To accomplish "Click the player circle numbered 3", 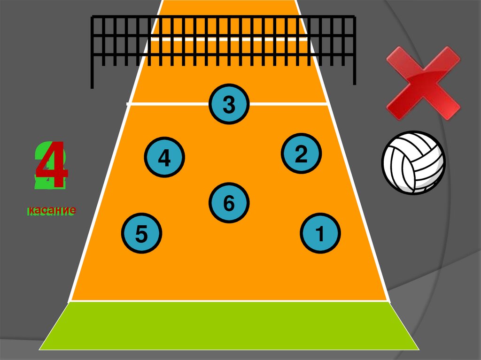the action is click(x=229, y=105).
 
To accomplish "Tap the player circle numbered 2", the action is click(x=301, y=153).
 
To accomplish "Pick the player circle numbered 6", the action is click(x=229, y=203).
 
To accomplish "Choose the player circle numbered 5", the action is click(x=141, y=233).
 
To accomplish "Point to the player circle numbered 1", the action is click(x=320, y=233).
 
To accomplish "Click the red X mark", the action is click(x=423, y=83).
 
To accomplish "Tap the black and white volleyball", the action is click(x=413, y=162).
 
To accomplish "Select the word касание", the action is click(x=51, y=211).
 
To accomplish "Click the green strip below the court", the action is click(x=229, y=326).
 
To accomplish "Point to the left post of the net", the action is click(x=92, y=52).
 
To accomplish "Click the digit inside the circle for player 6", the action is click(x=229, y=203).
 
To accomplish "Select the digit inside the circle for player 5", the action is click(x=141, y=234).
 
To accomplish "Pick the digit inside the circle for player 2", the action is click(x=301, y=154).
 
